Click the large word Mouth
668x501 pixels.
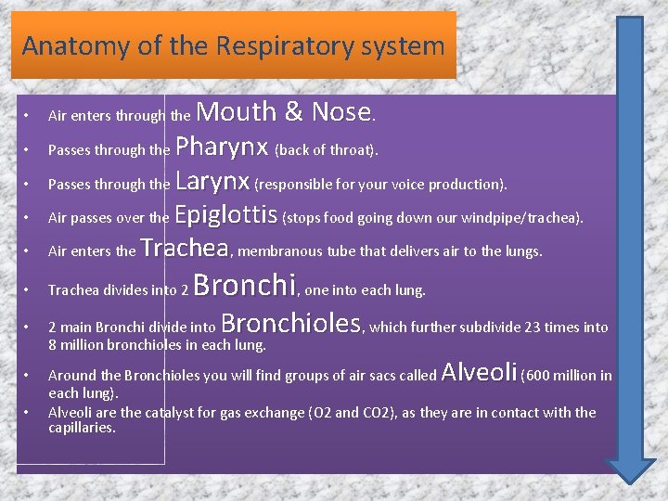(x=237, y=112)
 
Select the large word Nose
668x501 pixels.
(x=340, y=112)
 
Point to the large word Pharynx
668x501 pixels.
(x=222, y=147)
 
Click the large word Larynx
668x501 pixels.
(x=212, y=180)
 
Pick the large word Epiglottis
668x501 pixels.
(x=226, y=215)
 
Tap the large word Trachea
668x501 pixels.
(x=185, y=248)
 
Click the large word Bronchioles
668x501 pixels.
(x=291, y=323)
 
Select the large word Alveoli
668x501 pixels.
(x=480, y=372)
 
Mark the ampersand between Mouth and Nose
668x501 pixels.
(x=294, y=112)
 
